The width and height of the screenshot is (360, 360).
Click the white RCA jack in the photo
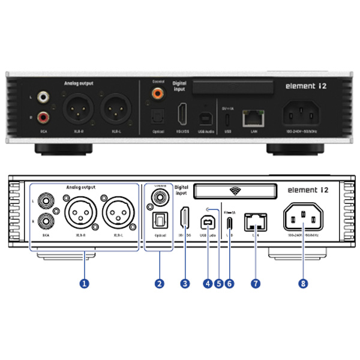point(43,96)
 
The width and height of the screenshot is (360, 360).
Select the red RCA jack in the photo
point(43,115)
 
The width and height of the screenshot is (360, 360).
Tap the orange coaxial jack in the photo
point(157,94)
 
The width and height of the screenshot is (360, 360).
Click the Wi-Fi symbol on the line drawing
point(235,191)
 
